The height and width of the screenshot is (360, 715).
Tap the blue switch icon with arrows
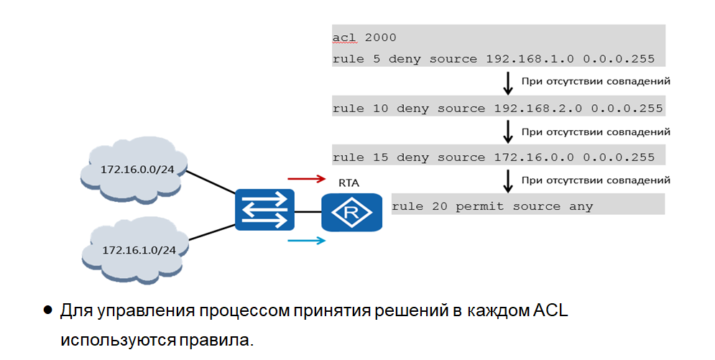[264, 210]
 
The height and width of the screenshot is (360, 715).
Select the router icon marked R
[351, 212]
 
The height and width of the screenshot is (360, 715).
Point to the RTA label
[348, 183]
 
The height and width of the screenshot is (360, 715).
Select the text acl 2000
[364, 37]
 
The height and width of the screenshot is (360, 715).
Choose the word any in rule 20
[581, 206]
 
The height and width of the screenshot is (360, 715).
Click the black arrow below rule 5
[508, 83]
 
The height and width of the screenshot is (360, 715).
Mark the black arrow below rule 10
[508, 131]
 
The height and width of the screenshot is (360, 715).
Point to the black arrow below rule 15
[508, 180]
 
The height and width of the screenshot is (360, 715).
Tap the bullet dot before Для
[48, 310]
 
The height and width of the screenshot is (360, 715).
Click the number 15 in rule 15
[382, 157]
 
